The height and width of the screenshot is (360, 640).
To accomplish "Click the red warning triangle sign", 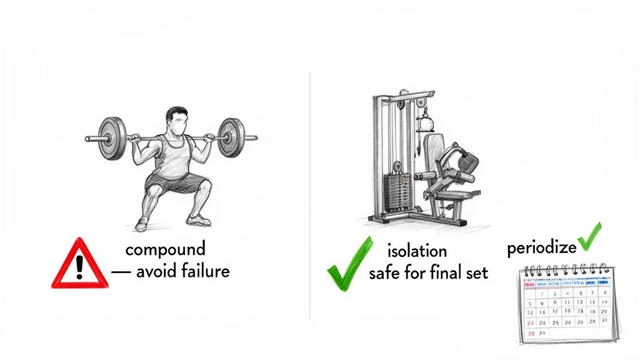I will [79, 265].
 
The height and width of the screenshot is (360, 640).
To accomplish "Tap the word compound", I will [165, 249].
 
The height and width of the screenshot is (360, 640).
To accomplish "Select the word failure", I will [202, 272].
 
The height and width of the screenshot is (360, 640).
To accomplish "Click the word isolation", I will [417, 251].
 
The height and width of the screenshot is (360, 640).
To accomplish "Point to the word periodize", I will [541, 248].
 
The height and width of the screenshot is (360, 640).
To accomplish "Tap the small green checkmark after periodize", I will [589, 237].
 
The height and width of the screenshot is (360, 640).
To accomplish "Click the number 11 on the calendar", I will [567, 302].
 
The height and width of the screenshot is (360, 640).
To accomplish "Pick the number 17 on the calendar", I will [554, 311].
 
